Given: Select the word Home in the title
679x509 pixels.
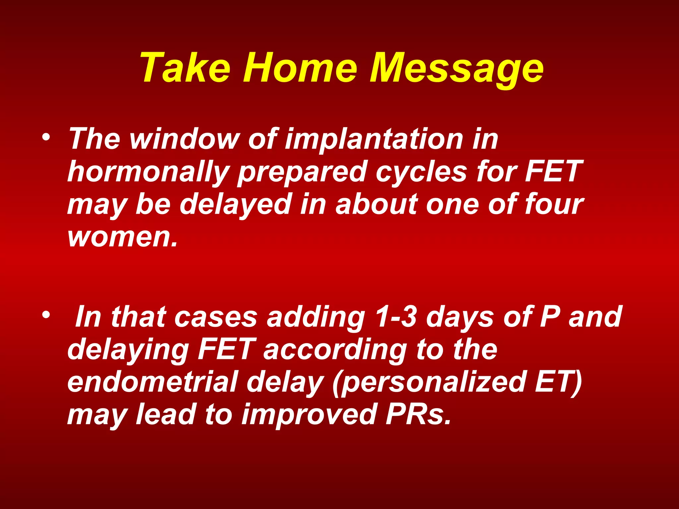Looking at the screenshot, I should click(300, 68).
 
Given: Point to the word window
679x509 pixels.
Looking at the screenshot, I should click(184, 139).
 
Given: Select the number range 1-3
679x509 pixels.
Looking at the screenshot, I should click(396, 317).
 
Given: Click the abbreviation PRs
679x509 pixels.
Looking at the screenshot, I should click(418, 414).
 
